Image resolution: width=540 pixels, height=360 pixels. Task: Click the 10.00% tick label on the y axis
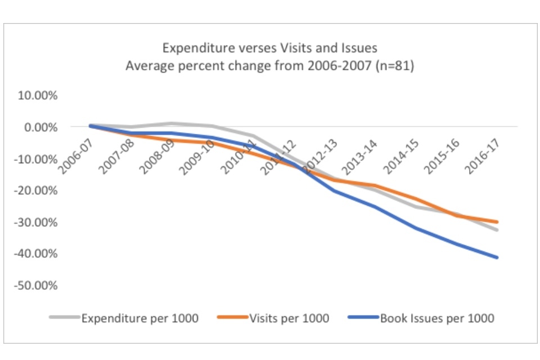pos(38,96)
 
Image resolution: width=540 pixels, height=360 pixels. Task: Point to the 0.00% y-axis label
pos(40,127)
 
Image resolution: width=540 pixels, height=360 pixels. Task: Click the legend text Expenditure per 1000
pos(140,318)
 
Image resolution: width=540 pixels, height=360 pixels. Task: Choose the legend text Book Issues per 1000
pos(437,318)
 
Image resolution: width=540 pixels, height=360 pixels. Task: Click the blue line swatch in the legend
pos(363,318)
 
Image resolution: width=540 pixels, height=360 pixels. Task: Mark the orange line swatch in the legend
pos(232,318)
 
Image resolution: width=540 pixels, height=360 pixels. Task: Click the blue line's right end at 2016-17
pos(497,258)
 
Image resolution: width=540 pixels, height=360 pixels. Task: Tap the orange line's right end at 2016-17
pos(497,222)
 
